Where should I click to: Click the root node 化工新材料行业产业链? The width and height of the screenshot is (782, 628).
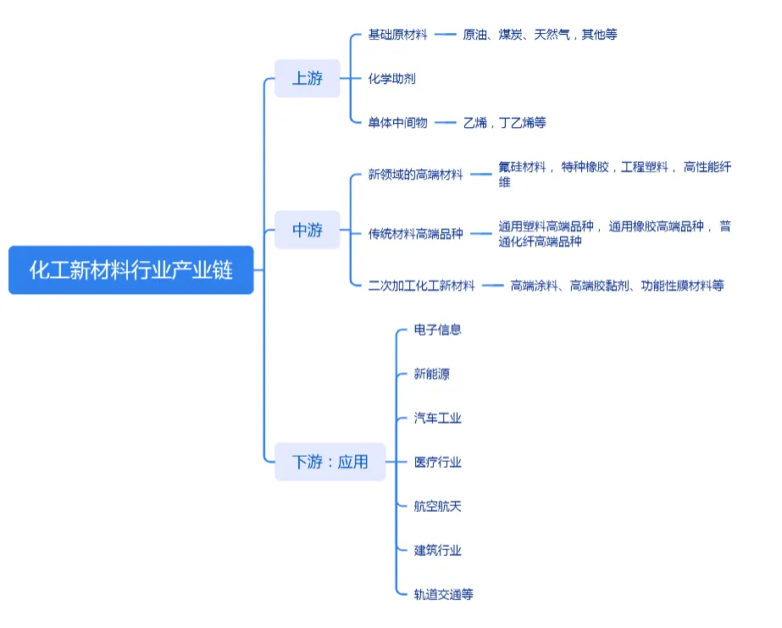[x=131, y=270]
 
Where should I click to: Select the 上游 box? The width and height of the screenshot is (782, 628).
[x=308, y=79]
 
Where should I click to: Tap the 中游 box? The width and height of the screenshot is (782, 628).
[x=308, y=230]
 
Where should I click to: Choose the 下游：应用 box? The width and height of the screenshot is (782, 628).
[x=330, y=462]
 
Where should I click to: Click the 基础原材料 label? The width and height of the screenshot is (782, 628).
[x=397, y=35]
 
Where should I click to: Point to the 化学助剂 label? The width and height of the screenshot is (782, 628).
[x=391, y=79]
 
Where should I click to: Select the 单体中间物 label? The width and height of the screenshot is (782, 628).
[x=397, y=123]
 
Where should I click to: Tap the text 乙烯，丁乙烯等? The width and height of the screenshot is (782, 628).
[x=505, y=123]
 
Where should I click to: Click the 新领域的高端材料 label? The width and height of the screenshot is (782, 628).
[x=415, y=175]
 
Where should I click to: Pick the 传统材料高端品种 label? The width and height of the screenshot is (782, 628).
[x=415, y=234]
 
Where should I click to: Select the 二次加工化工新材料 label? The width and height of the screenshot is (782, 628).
[x=421, y=286]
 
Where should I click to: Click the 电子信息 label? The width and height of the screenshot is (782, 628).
[x=437, y=330]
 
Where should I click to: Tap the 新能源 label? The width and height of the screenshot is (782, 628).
[x=431, y=374]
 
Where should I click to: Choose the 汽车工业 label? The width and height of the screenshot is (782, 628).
[x=437, y=418]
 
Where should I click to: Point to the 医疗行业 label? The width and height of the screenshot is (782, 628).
[x=437, y=462]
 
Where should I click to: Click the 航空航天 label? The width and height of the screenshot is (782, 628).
[x=437, y=506]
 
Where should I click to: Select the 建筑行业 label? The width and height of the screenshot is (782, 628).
[x=437, y=550]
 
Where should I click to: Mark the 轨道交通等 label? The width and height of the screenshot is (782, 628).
[x=443, y=594]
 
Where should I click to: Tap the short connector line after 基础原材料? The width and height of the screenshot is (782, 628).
[x=446, y=35]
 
